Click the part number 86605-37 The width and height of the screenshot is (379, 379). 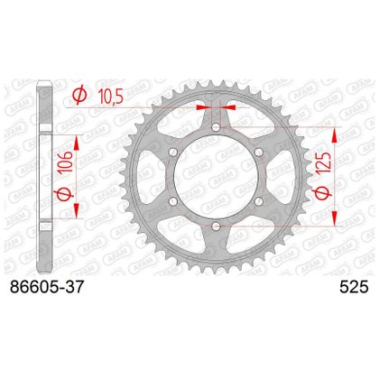(x=46, y=287)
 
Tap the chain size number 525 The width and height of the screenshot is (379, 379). (x=354, y=287)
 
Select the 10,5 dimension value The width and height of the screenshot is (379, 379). (x=111, y=96)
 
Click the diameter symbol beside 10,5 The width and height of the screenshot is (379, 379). (x=79, y=95)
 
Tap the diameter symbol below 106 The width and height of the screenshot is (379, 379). (x=66, y=194)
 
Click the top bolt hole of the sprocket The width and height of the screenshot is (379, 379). (x=216, y=127)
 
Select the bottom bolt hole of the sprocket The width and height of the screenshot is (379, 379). (x=216, y=226)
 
